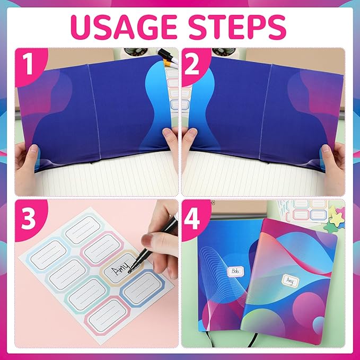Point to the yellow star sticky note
(337, 212)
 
